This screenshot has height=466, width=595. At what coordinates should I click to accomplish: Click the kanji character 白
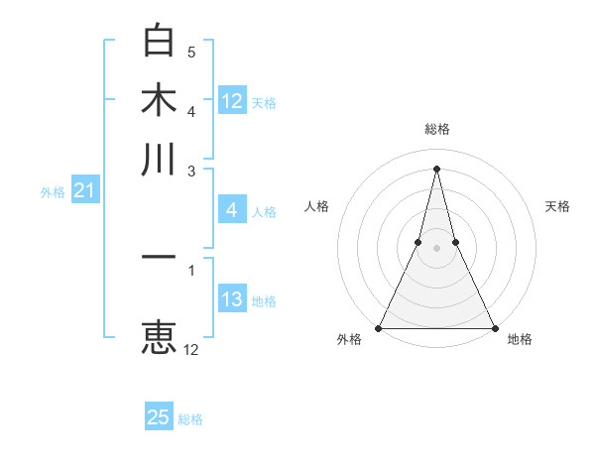click(159, 43)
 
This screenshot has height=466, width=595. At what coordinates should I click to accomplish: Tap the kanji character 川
click(159, 159)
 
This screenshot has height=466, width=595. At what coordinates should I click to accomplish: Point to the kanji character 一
click(159, 258)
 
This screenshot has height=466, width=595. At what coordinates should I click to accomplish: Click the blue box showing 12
click(232, 100)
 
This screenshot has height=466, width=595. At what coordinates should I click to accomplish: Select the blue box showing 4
click(232, 209)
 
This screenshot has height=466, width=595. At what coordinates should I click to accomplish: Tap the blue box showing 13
click(232, 299)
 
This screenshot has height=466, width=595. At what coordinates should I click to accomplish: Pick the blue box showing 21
click(83, 190)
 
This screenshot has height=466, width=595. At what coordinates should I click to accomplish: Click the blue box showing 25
click(159, 417)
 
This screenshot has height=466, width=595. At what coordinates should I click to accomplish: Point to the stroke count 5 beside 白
click(191, 52)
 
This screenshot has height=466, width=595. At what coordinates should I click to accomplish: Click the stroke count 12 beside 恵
click(191, 349)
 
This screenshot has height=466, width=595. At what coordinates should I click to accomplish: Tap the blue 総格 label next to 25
click(190, 419)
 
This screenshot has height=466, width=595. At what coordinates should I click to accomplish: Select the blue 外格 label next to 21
click(53, 192)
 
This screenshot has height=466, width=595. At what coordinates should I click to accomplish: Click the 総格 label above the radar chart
click(437, 129)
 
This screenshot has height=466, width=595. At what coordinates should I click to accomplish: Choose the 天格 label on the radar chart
click(558, 206)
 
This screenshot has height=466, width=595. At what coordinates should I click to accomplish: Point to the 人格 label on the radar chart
click(316, 206)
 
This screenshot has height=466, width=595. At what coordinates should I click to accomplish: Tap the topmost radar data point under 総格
click(436, 168)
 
